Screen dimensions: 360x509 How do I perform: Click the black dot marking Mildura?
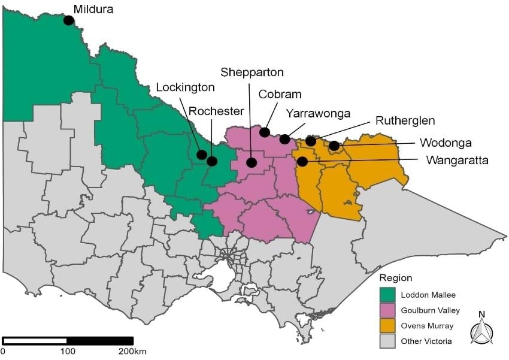click(x=69, y=20)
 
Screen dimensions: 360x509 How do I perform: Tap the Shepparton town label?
click(x=252, y=72)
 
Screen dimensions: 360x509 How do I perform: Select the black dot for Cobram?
click(x=265, y=132)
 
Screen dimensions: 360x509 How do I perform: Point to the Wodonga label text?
click(x=446, y=143)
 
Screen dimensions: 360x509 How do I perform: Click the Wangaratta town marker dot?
click(x=303, y=161)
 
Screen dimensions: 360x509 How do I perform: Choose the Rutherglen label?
click(x=405, y=120)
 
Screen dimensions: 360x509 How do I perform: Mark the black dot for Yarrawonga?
click(x=285, y=139)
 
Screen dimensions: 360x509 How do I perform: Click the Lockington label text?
click(x=185, y=87)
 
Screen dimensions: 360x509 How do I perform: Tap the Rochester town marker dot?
click(x=212, y=161)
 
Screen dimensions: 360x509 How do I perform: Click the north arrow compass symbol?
click(x=481, y=329)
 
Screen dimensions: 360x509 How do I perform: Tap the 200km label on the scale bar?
click(x=132, y=351)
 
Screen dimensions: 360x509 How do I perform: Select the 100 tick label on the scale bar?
click(x=68, y=351)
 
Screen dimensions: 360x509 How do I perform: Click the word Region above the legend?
click(x=396, y=279)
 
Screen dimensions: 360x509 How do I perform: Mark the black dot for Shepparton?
click(x=252, y=162)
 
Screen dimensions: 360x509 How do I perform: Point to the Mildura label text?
click(x=93, y=9)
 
